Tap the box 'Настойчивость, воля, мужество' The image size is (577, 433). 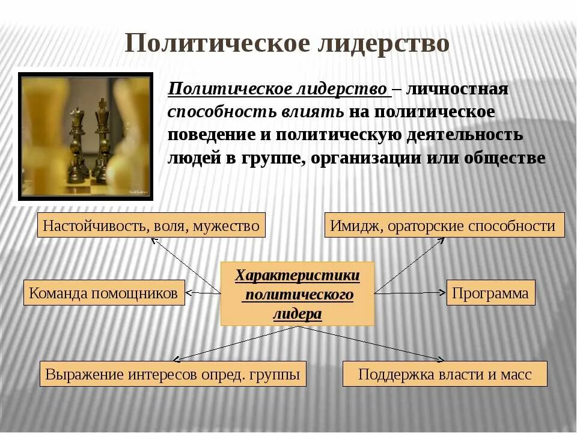coord(151,226)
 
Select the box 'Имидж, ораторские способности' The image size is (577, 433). coord(444,226)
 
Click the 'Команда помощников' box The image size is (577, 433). coord(104,293)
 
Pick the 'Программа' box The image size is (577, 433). coord(490,293)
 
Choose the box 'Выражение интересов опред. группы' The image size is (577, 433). coord(172,374)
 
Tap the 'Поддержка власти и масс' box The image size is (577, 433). coord(445,374)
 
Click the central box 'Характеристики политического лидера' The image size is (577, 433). coord(298,294)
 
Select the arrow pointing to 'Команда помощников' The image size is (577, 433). coord(203,293)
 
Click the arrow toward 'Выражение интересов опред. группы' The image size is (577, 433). coord(234,344)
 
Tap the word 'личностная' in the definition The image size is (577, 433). coord(457,90)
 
